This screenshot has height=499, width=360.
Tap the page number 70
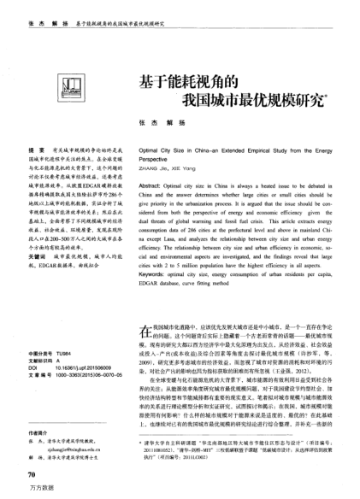32,473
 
